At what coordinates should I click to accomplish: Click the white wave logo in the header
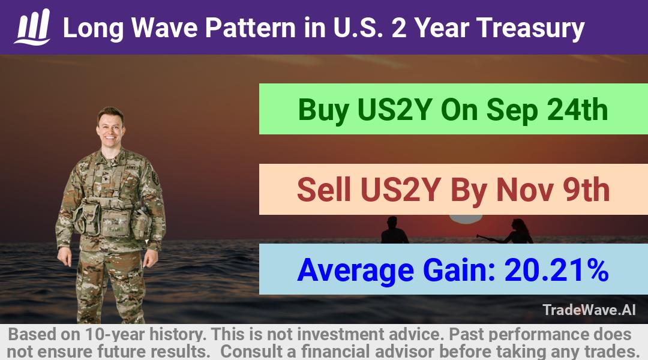[x=32, y=27]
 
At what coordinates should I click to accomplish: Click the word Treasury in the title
[x=530, y=29]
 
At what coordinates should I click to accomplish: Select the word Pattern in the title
[x=250, y=28]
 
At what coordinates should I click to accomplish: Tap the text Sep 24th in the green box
[x=547, y=110]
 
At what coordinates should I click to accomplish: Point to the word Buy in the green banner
[x=323, y=110]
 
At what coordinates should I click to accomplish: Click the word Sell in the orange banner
[x=323, y=190]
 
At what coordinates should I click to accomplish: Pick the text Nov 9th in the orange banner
[x=553, y=190]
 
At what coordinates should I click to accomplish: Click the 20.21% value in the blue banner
[x=556, y=269]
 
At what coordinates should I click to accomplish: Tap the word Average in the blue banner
[x=355, y=271]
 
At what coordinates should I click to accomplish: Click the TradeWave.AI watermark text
[x=589, y=310]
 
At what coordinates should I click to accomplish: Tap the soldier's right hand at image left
[x=65, y=257]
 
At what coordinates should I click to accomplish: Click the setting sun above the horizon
[x=466, y=218]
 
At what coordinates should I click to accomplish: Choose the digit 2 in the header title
[x=399, y=28]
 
